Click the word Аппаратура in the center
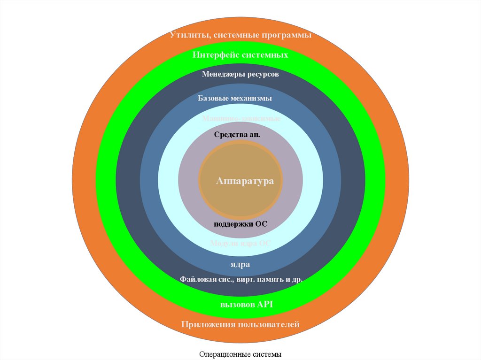point(245,181)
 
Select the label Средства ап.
point(237,135)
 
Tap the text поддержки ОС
point(240,224)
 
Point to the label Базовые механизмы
point(235,99)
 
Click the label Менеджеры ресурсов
point(240,74)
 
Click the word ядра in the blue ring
point(240,264)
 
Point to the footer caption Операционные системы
point(240,354)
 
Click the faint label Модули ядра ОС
point(240,244)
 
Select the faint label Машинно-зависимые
point(241,119)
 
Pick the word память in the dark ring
point(268,279)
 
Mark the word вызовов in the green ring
point(237,304)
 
